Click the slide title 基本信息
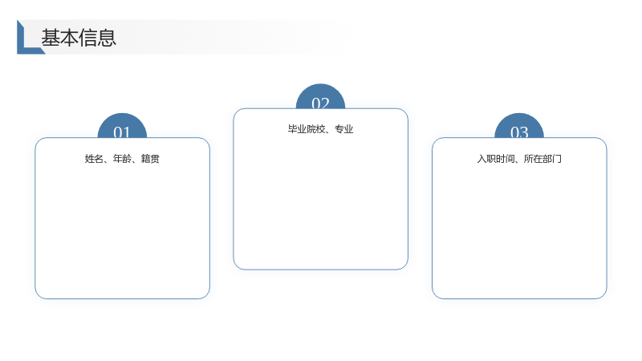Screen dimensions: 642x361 (x=79, y=38)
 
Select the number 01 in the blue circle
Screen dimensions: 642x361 (x=122, y=132)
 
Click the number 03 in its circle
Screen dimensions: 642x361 (x=519, y=132)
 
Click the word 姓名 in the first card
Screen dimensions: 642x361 (x=94, y=158)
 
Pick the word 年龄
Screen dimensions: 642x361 (x=122, y=158)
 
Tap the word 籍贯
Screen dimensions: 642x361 (x=150, y=158)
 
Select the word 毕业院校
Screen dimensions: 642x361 (x=307, y=129)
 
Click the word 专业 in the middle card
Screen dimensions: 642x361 (x=344, y=129)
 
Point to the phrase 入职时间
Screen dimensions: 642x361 (x=496, y=158)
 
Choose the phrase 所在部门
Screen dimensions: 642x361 (x=542, y=158)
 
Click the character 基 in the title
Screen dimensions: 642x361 (x=51, y=38)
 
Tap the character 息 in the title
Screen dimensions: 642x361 (x=108, y=38)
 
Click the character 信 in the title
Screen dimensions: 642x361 (x=88, y=38)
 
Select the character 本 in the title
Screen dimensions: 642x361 (x=69, y=38)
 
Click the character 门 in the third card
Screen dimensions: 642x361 (x=557, y=158)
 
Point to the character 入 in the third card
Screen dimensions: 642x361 (x=481, y=158)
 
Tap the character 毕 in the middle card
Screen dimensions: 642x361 (x=292, y=129)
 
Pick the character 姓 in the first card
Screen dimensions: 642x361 (x=89, y=158)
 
